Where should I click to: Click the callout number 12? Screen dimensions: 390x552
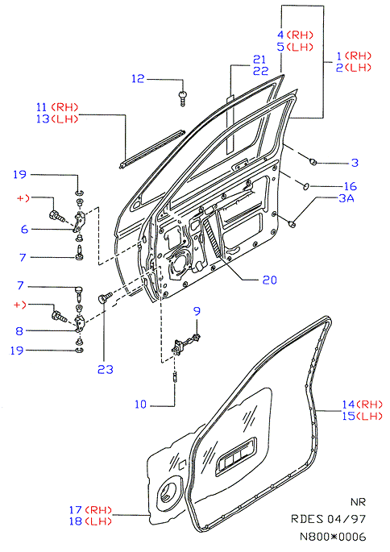point(138,78)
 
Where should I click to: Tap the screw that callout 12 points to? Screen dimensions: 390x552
point(182,98)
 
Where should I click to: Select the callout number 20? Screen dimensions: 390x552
point(270,280)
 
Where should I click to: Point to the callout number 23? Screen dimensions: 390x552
point(106,369)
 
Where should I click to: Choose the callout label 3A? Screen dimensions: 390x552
point(346,198)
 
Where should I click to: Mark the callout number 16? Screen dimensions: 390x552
point(351,186)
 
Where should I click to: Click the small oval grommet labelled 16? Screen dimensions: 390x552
point(306,185)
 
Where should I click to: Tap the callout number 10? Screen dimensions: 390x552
point(140,405)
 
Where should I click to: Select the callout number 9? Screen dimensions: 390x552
point(197,311)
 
